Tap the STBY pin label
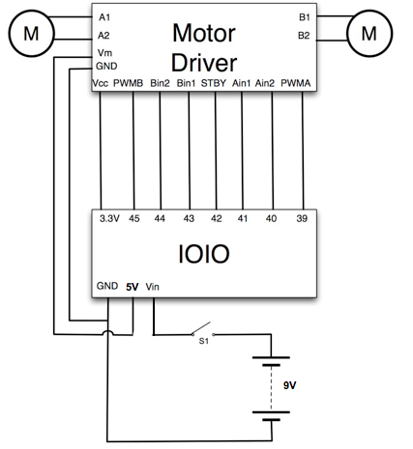click(x=214, y=83)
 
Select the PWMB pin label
click(x=128, y=83)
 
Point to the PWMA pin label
click(x=296, y=83)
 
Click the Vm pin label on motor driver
click(x=104, y=52)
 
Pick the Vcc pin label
click(x=100, y=83)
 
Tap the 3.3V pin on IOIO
click(x=109, y=218)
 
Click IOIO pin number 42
click(x=217, y=218)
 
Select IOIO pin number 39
click(x=302, y=218)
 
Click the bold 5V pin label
click(x=133, y=287)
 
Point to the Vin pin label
click(x=152, y=287)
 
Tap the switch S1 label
click(x=204, y=341)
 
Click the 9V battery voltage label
click(x=289, y=385)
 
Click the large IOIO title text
click(x=204, y=254)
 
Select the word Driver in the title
click(x=204, y=63)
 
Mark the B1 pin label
click(x=305, y=17)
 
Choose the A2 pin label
click(x=103, y=36)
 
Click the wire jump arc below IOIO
click(x=107, y=331)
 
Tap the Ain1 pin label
click(x=242, y=83)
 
